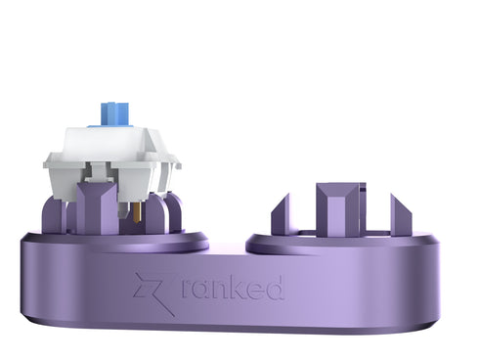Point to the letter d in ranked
pyautogui.click(x=275, y=287)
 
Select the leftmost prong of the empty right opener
pyautogui.click(x=282, y=215)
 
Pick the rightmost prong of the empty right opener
pyautogui.click(x=401, y=214)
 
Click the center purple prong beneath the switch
pyautogui.click(x=97, y=208)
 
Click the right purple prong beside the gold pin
pyautogui.click(x=172, y=212)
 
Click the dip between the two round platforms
pyautogui.click(x=227, y=245)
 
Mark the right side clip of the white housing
pyautogui.click(x=173, y=170)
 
